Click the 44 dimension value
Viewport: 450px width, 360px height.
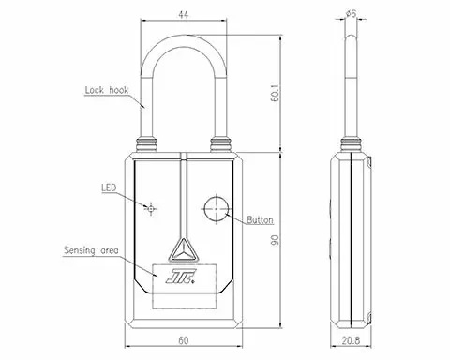tap(184, 14)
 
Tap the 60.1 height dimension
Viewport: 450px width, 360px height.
tap(275, 93)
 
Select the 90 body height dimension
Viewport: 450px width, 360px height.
tap(275, 240)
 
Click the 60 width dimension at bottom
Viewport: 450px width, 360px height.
tap(184, 340)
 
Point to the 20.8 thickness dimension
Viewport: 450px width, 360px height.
tap(351, 340)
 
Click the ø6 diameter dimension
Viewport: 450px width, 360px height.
tap(352, 14)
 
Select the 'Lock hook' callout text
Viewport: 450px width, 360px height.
tap(107, 90)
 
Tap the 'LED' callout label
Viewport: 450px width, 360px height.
tap(109, 187)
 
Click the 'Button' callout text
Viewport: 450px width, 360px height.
tap(261, 220)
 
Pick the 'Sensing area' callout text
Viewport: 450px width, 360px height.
tap(91, 250)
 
